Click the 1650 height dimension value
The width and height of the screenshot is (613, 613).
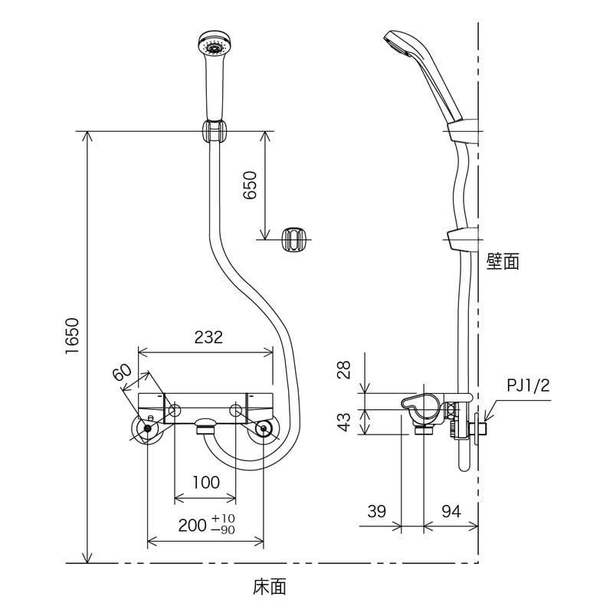(73, 336)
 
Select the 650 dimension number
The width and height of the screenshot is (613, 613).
(251, 185)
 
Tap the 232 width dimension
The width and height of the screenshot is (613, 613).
(208, 337)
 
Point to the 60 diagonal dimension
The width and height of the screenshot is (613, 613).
(123, 372)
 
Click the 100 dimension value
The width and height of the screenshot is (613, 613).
(206, 482)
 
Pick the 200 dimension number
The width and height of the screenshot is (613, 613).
(192, 525)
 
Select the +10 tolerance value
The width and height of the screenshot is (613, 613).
(223, 519)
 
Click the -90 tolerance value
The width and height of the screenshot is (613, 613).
(223, 529)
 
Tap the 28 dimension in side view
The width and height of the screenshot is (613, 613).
(344, 369)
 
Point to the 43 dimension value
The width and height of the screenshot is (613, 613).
(344, 422)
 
